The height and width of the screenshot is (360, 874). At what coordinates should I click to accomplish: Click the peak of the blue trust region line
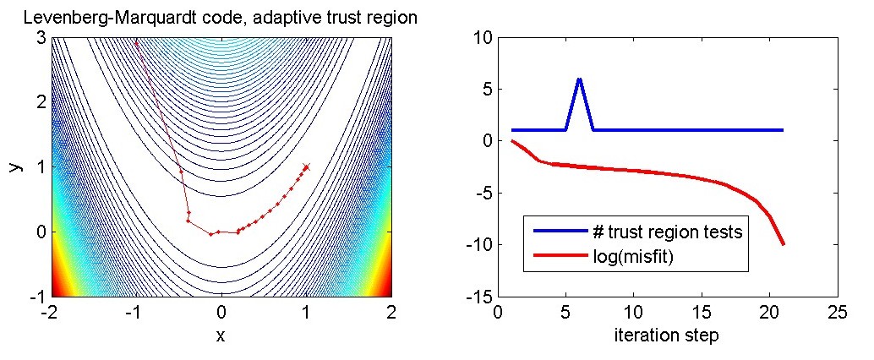tap(580, 79)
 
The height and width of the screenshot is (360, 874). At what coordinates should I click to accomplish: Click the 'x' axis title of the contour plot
tap(221, 335)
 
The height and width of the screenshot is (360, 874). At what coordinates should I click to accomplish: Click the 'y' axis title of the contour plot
tap(14, 166)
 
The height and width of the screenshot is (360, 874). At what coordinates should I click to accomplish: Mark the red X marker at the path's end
tap(306, 167)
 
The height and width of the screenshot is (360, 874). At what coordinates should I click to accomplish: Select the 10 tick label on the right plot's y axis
tap(482, 37)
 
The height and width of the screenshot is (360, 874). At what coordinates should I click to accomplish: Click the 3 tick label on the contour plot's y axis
tap(41, 37)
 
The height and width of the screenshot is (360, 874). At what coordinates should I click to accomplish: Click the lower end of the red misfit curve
tap(783, 244)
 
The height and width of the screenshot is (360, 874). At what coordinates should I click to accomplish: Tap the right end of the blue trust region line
tap(783, 130)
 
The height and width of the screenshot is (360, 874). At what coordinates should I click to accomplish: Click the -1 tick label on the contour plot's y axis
tap(37, 297)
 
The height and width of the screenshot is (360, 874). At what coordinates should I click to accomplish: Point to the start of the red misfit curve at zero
tap(512, 141)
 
